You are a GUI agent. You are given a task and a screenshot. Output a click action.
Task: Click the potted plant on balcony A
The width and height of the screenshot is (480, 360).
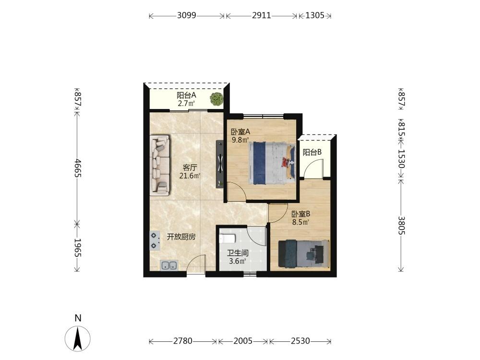217,99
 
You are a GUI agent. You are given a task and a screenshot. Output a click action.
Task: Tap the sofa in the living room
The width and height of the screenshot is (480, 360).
160,166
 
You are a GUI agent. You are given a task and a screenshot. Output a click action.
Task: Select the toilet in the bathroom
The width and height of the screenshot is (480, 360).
228,238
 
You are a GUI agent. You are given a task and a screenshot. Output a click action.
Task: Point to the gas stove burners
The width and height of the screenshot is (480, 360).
155,240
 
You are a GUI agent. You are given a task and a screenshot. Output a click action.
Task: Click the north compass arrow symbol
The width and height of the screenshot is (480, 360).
78,338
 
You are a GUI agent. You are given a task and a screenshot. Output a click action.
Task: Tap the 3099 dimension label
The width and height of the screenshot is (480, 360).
186,15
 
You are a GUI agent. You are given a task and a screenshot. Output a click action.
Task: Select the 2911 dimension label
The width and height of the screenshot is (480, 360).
262,15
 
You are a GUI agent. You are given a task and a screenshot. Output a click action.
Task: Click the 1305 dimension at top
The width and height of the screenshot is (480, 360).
315,15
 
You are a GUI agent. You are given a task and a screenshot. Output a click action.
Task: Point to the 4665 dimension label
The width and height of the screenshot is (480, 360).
77,168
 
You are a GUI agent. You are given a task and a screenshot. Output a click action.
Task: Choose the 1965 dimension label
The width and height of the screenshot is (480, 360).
77,248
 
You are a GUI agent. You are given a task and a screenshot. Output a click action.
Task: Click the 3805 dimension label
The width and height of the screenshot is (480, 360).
401,225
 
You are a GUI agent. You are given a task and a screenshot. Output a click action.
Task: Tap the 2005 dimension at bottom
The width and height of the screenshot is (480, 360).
243,341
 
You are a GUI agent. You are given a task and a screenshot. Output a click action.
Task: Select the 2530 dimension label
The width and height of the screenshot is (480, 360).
300,341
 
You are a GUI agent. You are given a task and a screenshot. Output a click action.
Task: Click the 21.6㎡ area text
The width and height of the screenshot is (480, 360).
190,176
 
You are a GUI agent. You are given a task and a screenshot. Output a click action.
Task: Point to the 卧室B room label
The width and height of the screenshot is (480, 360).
301,214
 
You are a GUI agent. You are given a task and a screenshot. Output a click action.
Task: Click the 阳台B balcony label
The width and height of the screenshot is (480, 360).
312,152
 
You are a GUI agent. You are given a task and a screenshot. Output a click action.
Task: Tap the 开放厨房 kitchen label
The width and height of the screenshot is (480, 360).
181,237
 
